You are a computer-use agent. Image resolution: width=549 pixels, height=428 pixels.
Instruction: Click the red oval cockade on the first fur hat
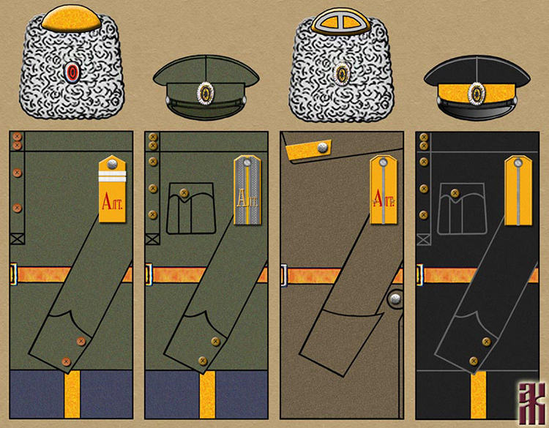[x=72, y=72]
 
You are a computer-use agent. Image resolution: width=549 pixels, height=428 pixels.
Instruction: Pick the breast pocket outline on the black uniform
[x=461, y=208]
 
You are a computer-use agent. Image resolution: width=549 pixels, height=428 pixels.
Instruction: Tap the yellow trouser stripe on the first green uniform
[x=72, y=394]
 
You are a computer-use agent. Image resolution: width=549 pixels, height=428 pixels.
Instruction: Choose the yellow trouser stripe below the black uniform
[x=480, y=394]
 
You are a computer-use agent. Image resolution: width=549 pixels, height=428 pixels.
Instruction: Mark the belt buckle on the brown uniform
[x=283, y=275]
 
